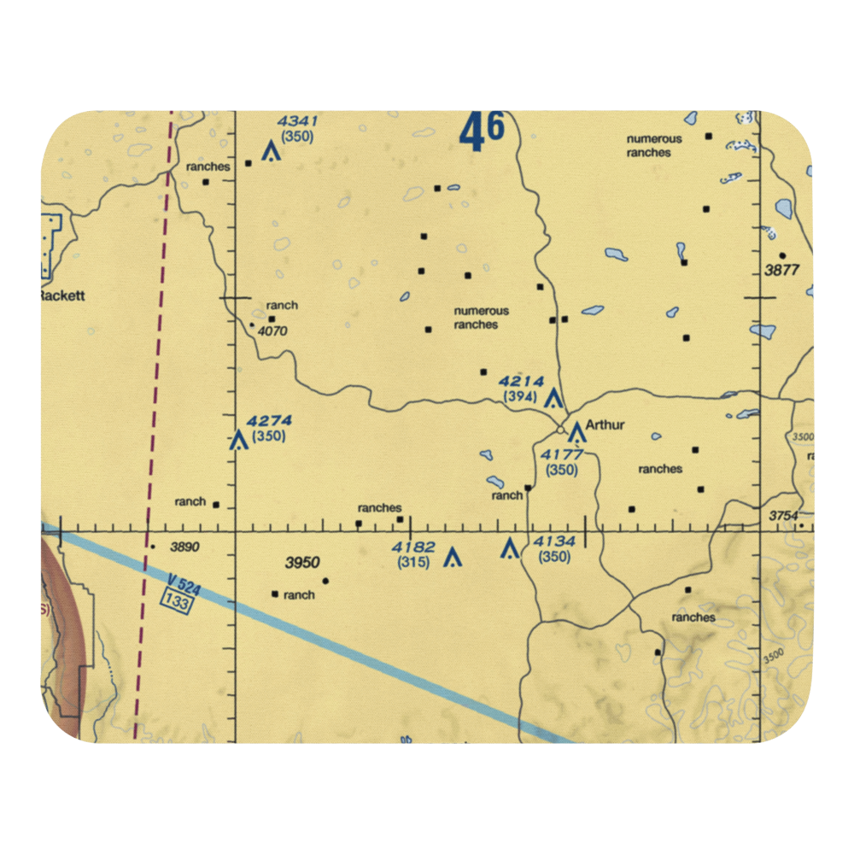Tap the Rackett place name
62,296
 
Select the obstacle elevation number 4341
296,121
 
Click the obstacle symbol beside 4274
238,441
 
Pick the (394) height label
520,397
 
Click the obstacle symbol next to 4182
453,559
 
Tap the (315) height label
413,562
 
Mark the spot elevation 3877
781,270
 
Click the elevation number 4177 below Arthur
561,454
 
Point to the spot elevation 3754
783,515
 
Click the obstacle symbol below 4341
271,152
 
